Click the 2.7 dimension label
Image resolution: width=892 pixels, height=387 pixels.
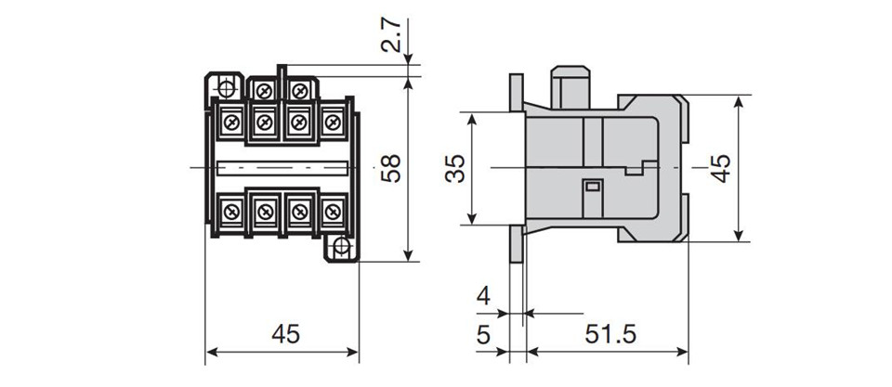(x=391, y=35)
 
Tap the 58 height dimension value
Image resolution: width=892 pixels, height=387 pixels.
(x=391, y=168)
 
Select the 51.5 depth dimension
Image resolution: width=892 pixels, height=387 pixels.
(x=610, y=334)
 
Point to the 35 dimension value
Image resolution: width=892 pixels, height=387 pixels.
(x=455, y=168)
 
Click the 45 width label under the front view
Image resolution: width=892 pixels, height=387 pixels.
(x=285, y=334)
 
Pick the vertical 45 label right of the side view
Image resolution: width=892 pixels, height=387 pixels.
(x=721, y=168)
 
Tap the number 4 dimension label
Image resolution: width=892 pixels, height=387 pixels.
(x=483, y=297)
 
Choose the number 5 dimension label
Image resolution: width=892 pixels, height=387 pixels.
(x=483, y=335)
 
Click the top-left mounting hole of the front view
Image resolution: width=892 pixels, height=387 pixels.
(x=226, y=88)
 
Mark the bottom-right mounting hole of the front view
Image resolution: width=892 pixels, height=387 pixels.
(x=341, y=246)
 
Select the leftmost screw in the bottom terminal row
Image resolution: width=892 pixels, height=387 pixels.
(x=231, y=213)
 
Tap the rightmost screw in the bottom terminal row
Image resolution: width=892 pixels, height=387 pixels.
(x=333, y=213)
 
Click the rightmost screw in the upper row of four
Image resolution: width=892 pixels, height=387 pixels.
(x=333, y=121)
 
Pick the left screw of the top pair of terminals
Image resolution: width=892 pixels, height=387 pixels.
(x=263, y=90)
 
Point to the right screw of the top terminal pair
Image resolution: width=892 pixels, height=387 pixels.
(x=298, y=90)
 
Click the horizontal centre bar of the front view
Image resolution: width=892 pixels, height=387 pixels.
(x=282, y=168)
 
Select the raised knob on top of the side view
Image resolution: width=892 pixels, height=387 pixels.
(x=570, y=87)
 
